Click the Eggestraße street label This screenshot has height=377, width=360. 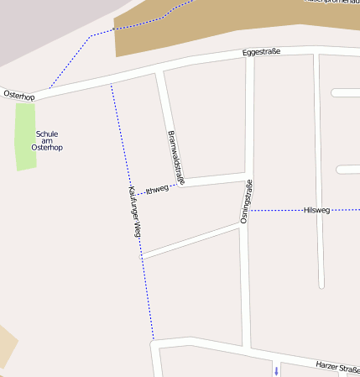pyautogui.click(x=261, y=52)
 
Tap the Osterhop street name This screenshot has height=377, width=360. pyautogui.click(x=18, y=97)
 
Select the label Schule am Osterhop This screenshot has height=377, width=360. pyautogui.click(x=47, y=140)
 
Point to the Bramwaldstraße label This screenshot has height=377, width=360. pyautogui.click(x=175, y=157)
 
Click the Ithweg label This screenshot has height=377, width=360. pyautogui.click(x=157, y=190)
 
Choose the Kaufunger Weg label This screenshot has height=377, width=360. pyautogui.click(x=134, y=212)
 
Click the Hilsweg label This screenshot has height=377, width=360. pyautogui.click(x=316, y=210)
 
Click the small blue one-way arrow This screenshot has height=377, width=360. pyautogui.click(x=276, y=370)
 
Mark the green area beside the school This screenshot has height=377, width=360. pyautogui.click(x=26, y=134)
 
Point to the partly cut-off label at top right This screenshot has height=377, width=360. pyautogui.click(x=332, y=3)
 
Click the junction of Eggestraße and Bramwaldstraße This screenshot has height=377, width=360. pyautogui.click(x=159, y=71)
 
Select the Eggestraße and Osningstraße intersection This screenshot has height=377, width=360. pyautogui.click(x=249, y=56)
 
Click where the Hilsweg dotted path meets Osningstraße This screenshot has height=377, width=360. pyautogui.click(x=249, y=210)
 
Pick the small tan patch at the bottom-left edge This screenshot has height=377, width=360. pyautogui.click(x=6, y=346)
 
